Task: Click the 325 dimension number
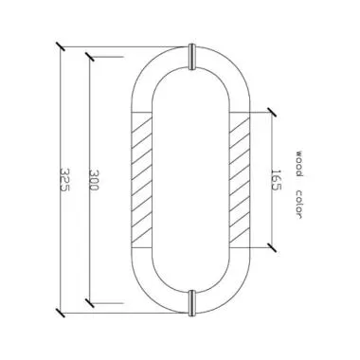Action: (x=63, y=180)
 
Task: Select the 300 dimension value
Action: (x=93, y=180)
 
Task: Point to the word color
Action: (x=297, y=202)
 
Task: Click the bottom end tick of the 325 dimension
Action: (x=59, y=311)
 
